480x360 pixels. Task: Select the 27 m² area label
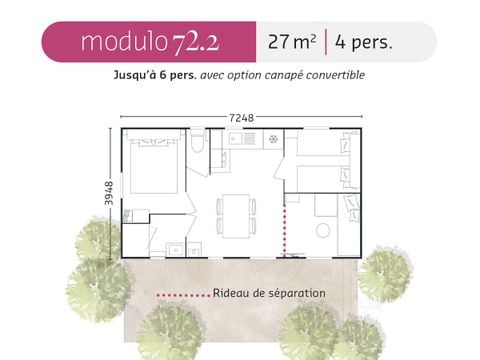291,42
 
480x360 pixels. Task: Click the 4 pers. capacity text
370,42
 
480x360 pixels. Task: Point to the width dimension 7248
241,117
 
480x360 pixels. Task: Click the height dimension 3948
109,194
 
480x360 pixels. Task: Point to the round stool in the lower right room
322,229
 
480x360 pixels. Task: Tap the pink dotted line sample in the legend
183,294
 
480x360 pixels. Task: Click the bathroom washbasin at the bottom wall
176,248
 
